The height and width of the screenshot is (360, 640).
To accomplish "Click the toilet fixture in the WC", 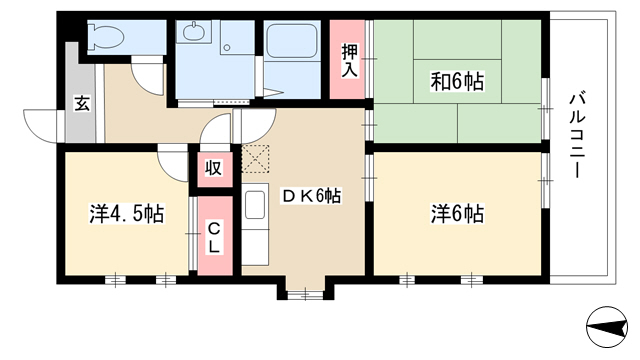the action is pyautogui.click(x=106, y=36).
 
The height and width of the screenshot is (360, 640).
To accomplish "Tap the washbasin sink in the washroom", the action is pyautogui.click(x=194, y=31).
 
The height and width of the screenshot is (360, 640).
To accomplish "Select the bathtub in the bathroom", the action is pyautogui.click(x=292, y=39).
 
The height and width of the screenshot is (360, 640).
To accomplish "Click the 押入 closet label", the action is pyautogui.click(x=349, y=60).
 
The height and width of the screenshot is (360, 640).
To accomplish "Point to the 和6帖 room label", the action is pyautogui.click(x=457, y=81).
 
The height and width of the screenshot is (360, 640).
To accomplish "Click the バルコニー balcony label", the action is pyautogui.click(x=577, y=136).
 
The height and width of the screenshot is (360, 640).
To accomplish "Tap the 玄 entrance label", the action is pyautogui.click(x=82, y=103).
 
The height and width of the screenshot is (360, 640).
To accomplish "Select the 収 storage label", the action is pyautogui.click(x=213, y=168).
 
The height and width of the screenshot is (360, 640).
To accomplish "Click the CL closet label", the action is pyautogui.click(x=213, y=238).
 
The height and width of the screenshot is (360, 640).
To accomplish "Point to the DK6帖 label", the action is pyautogui.click(x=312, y=196).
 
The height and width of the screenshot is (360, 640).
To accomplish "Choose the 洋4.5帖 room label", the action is pyautogui.click(x=127, y=214).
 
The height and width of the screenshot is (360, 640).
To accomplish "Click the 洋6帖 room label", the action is pyautogui.click(x=457, y=214).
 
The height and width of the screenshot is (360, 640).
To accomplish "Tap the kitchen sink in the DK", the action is pyautogui.click(x=255, y=204).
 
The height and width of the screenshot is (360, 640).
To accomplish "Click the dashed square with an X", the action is pyautogui.click(x=256, y=158).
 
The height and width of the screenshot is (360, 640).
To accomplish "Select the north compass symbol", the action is pyautogui.click(x=607, y=327).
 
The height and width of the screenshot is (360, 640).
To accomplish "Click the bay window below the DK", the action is pyautogui.click(x=305, y=293).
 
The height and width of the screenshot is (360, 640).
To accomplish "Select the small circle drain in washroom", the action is pyautogui.click(x=227, y=48).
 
